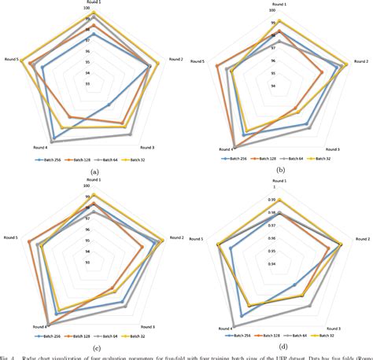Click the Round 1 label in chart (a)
click(94, 3)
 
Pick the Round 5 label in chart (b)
click(198, 61)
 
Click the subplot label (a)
click(94, 171)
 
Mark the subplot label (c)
click(94, 347)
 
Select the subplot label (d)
click(280, 346)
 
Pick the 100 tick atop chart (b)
click(272, 11)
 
